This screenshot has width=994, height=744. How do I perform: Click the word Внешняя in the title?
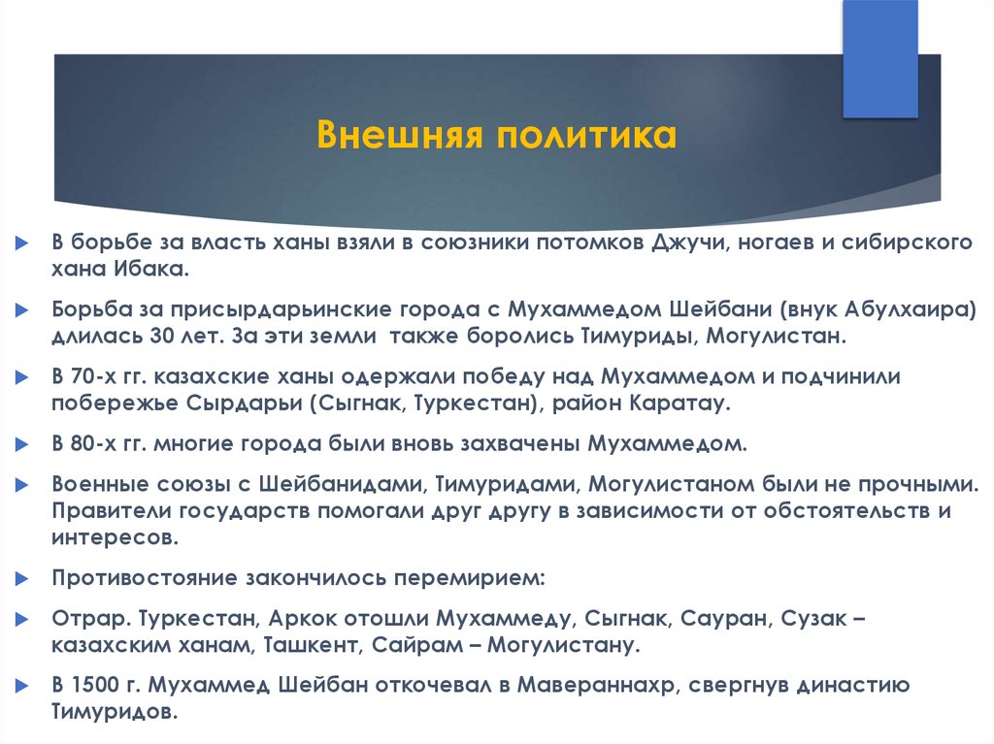[x=399, y=135]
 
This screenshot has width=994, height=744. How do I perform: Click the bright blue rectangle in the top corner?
[x=880, y=59]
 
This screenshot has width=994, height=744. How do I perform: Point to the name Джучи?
[x=688, y=243]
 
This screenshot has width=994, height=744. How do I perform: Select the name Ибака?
[x=150, y=270]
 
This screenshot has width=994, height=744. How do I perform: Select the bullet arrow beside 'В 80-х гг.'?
[x=22, y=444]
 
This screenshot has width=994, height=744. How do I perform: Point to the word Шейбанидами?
[x=340, y=485]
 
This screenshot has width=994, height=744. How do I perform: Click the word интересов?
[x=115, y=538]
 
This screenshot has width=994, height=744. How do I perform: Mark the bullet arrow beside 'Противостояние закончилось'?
[x=22, y=578]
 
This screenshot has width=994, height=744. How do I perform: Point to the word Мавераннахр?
[x=596, y=686]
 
